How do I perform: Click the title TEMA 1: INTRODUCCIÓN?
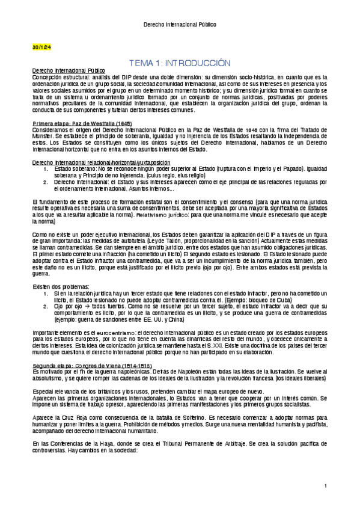point(180,63)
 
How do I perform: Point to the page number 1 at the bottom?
point(325,486)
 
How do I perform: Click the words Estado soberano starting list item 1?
point(74,168)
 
